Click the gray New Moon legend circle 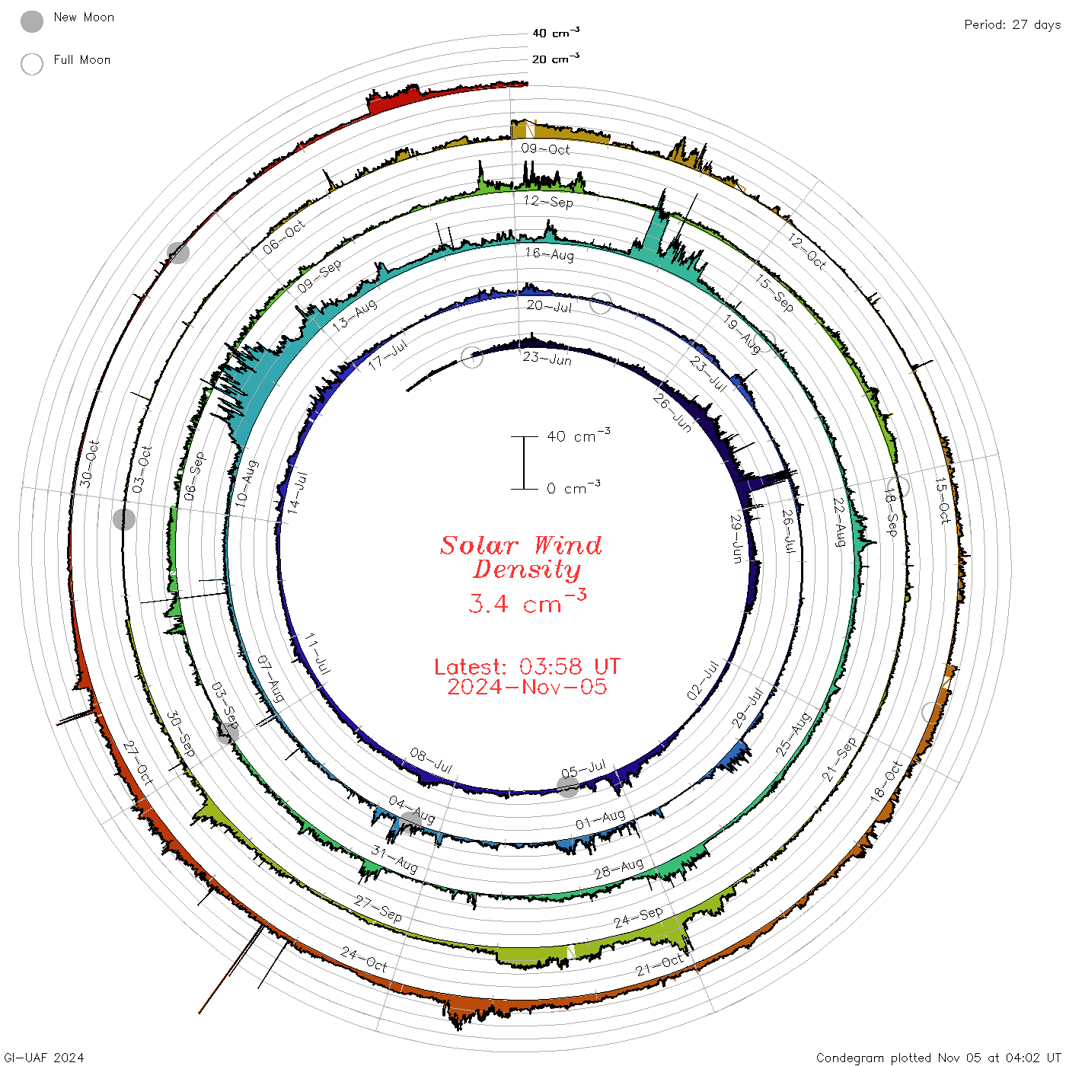[x=31, y=21]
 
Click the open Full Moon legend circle [x=31, y=64]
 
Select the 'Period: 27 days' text [x=1012, y=25]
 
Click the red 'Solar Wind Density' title [x=521, y=557]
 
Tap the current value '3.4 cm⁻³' [x=527, y=602]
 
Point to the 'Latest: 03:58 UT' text [x=527, y=666]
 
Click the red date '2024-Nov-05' [x=527, y=687]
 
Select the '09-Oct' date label [x=545, y=148]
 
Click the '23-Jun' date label [x=547, y=359]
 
